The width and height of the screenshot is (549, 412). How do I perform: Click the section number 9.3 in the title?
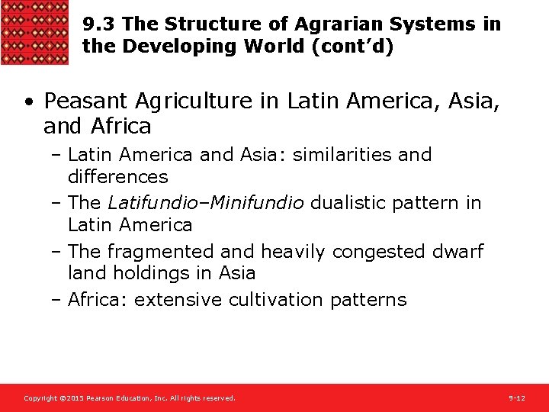(x=99, y=24)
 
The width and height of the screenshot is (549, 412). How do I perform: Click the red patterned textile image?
(x=34, y=32)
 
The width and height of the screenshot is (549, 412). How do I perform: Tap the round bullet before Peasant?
(x=28, y=101)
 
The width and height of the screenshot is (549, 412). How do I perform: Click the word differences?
(x=117, y=177)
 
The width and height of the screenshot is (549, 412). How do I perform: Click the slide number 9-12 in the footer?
(x=517, y=398)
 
